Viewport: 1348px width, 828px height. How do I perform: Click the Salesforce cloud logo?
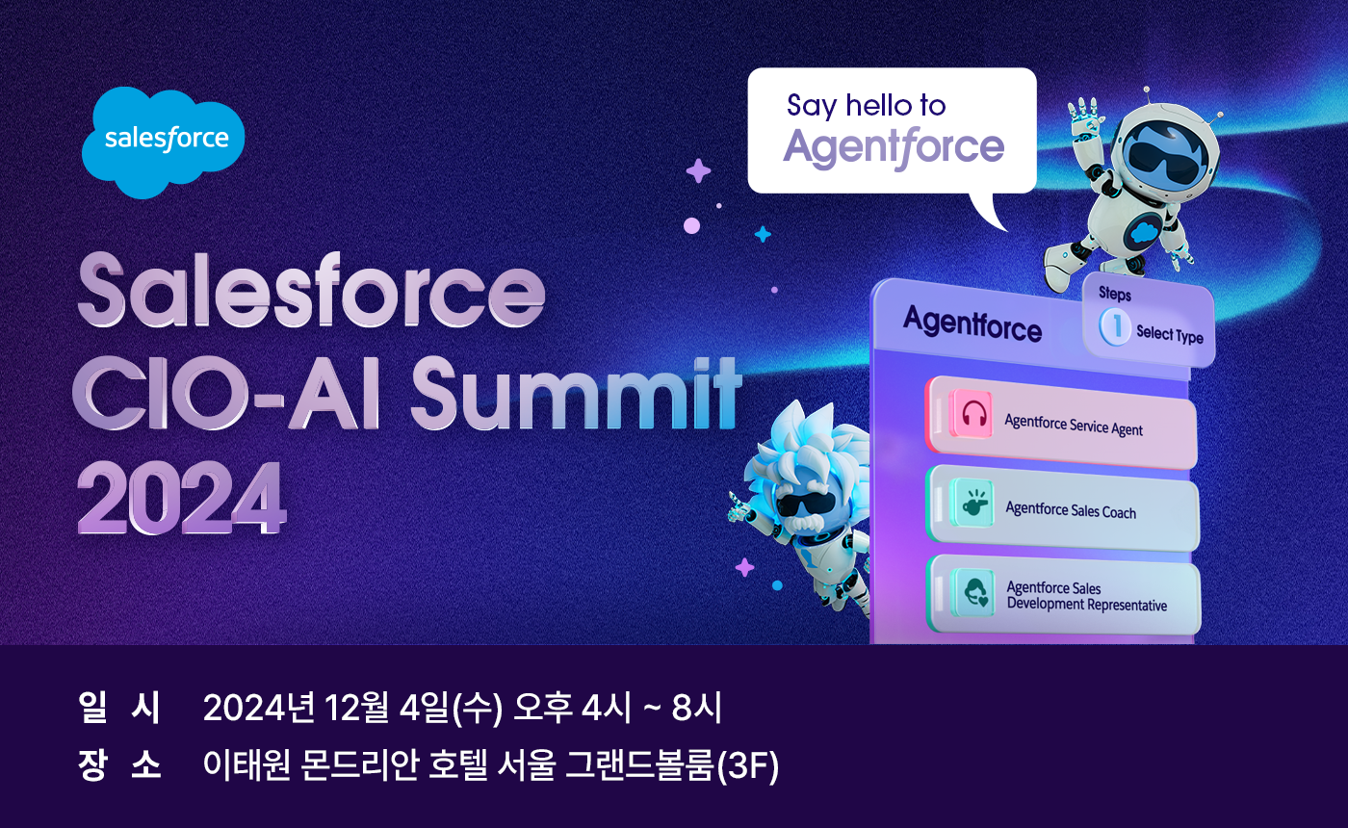[163, 142]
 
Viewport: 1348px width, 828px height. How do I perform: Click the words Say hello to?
[866, 106]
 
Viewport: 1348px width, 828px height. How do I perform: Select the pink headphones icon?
[971, 414]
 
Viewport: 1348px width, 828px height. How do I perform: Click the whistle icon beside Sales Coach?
[972, 504]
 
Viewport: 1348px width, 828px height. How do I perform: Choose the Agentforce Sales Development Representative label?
[1086, 596]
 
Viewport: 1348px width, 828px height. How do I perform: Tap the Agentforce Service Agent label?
[1073, 425]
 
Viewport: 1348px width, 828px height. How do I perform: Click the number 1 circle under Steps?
[1115, 326]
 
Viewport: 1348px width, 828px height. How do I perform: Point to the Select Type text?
[1169, 333]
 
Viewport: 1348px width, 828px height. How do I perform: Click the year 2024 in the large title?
[181, 498]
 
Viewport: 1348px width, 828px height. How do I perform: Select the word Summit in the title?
[575, 393]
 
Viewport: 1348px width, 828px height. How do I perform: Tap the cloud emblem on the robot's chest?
[1142, 232]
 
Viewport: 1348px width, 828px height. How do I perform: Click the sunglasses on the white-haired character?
[805, 505]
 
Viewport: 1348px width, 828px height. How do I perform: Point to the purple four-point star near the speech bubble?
[698, 170]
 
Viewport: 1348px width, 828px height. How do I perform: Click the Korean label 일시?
[119, 707]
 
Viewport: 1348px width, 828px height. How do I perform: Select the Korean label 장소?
[119, 764]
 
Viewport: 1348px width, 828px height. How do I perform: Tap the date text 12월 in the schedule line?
[356, 707]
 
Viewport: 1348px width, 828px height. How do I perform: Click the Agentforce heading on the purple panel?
[972, 324]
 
